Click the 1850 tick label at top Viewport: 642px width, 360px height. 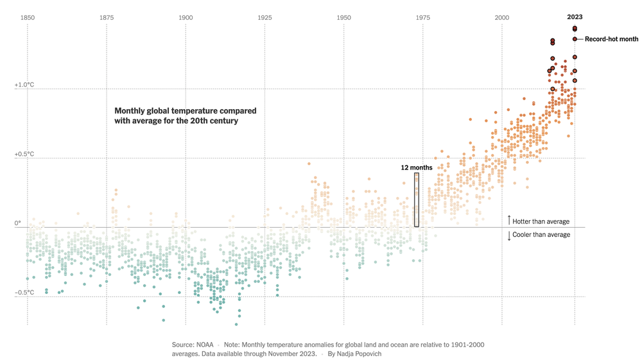pos(28,17)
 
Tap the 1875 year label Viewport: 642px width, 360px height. pos(107,17)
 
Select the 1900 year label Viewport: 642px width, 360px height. pos(186,17)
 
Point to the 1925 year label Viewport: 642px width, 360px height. pos(265,17)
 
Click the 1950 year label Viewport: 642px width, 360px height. pos(344,17)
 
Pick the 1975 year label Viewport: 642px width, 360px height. pos(423,17)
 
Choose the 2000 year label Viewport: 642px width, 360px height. pos(502,17)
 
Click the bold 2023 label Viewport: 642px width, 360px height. pos(575,17)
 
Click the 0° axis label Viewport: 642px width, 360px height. pos(19,223)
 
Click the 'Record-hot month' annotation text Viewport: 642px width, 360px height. pos(611,39)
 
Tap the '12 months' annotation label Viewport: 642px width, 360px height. pos(417,167)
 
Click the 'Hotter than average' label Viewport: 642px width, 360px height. pos(541,221)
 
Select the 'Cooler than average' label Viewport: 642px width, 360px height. pos(541,234)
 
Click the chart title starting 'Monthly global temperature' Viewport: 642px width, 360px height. pos(185,116)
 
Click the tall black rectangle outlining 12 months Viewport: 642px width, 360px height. pos(417,200)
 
